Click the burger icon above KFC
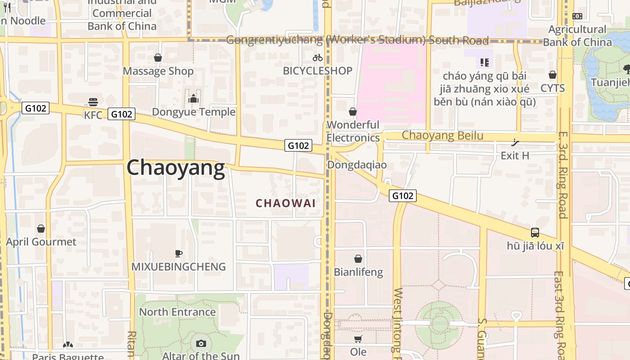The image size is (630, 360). point(93,102)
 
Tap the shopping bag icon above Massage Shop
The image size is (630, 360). point(158,58)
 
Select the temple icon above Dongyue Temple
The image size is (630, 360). point(194,98)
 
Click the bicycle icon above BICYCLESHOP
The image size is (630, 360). point(318,58)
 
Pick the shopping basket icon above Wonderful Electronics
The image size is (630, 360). point(353,111)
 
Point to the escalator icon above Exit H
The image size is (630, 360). point(515,143)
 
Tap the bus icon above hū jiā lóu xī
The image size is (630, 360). point(535,233)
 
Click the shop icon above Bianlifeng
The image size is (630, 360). point(358,259)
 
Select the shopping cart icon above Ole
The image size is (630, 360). point(358,339)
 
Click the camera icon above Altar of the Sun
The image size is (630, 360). point(201,344)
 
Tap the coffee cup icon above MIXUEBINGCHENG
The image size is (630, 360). point(179,253)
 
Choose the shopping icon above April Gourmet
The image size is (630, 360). point(41,229)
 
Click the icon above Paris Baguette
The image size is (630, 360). point(68,345)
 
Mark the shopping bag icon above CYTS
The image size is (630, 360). point(553,75)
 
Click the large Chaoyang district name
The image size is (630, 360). point(175,168)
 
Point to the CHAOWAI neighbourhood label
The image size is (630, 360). point(286,203)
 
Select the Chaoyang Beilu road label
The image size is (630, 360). point(442,135)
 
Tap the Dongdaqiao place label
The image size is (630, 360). point(357,165)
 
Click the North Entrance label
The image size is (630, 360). point(177,312)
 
